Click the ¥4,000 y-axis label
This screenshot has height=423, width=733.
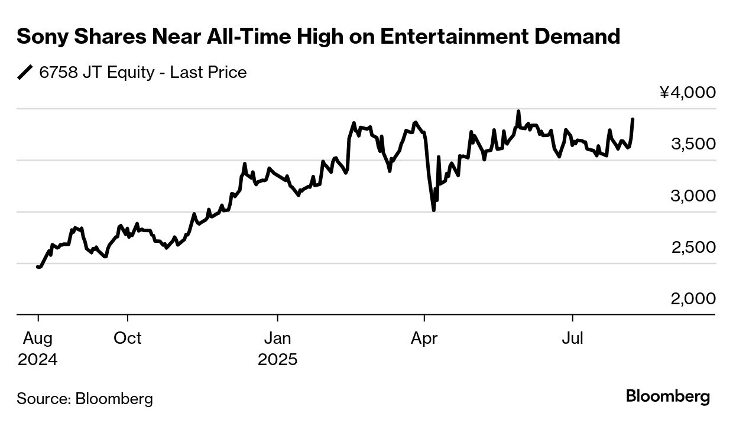[687, 93]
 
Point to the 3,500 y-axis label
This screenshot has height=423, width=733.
[692, 144]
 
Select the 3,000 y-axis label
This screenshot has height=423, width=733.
[692, 196]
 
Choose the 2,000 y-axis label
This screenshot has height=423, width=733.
[692, 299]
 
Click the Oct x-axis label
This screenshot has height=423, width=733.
[128, 338]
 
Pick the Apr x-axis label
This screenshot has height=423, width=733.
[424, 338]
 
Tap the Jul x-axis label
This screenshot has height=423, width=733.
[572, 338]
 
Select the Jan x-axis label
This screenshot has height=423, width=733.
[277, 338]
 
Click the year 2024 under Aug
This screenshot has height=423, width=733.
[38, 359]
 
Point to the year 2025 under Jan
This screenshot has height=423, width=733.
[277, 359]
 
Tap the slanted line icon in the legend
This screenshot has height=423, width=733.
[25, 73]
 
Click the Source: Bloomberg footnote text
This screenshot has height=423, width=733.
[85, 398]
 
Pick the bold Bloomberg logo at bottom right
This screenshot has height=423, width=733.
[668, 396]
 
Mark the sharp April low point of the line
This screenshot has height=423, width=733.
[434, 210]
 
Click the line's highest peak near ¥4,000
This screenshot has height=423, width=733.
[518, 111]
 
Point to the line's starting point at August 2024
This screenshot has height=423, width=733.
[38, 267]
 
